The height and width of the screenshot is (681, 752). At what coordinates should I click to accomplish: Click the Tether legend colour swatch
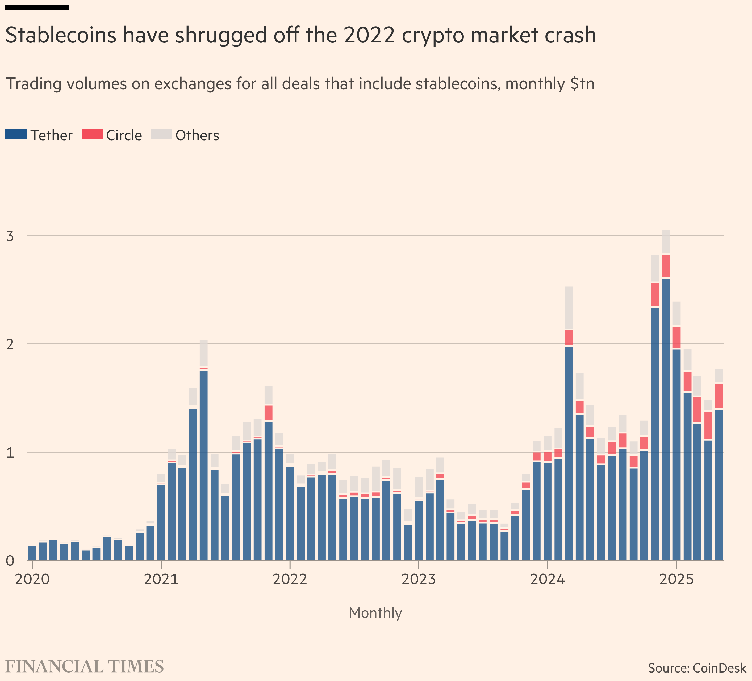(16, 134)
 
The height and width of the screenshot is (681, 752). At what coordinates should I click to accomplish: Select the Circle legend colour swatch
(92, 134)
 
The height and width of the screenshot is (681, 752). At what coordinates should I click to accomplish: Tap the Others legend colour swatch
(161, 134)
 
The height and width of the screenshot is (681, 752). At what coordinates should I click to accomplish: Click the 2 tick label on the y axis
(10, 344)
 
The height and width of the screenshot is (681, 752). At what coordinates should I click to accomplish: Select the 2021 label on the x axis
(161, 580)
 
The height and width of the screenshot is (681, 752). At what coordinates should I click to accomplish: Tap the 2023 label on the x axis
(419, 580)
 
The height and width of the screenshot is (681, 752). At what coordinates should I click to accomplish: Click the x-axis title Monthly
(375, 613)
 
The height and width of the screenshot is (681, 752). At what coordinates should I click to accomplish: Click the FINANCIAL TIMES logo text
(85, 666)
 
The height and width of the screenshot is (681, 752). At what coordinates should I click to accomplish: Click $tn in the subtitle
(582, 84)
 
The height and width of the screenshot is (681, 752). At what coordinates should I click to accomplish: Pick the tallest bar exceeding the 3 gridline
(666, 410)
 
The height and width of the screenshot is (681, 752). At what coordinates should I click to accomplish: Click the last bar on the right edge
(719, 484)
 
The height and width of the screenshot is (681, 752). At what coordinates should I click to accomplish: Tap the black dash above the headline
(37, 7)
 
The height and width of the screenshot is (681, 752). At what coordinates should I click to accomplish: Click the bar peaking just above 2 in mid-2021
(204, 466)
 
